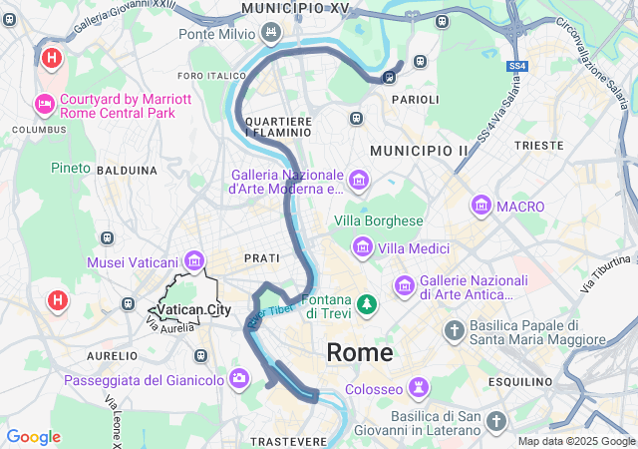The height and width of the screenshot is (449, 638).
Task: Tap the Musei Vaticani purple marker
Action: pos(193,261)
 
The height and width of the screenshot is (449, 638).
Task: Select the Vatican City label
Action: pos(194,310)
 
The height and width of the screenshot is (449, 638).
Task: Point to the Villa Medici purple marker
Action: pos(363,247)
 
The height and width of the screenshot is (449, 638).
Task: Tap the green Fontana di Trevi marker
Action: pos(368,302)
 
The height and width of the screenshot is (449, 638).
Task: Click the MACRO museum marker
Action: pos(481,207)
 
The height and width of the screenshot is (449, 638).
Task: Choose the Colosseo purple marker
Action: pos(420,387)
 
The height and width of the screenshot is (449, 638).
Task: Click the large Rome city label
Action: pos(360,352)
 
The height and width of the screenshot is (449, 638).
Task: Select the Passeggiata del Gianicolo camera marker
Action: pos(239,379)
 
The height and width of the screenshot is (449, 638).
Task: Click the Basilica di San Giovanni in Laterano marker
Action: pos(495,422)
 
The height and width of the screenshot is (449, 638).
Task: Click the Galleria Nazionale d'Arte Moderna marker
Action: pos(358,182)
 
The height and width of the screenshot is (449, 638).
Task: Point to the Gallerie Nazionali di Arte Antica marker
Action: pos(404,286)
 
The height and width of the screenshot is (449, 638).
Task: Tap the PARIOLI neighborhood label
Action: pos(415,100)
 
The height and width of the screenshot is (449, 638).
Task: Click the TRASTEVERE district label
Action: pos(289,440)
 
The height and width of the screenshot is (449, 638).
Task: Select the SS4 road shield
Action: pos(516,66)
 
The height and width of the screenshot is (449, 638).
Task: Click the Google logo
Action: pos(33,437)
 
